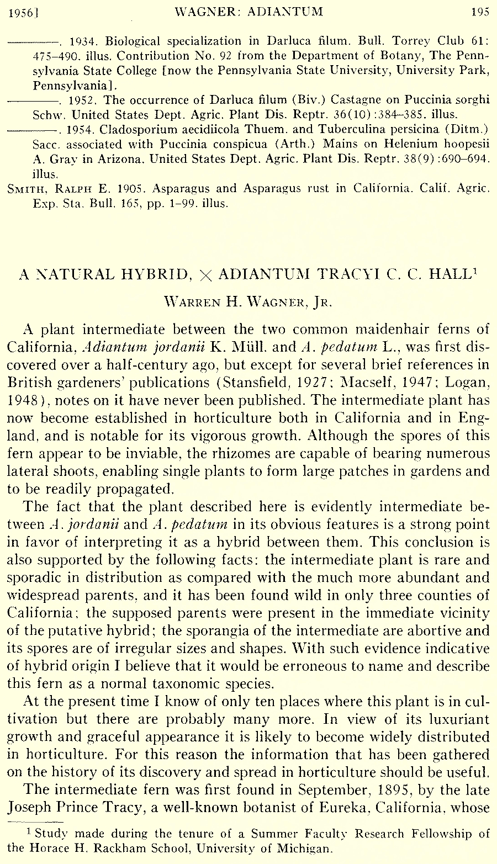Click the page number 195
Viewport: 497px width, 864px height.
(480, 12)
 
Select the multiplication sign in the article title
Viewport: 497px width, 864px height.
(205, 275)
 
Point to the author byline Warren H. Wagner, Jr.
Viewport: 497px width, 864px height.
(248, 301)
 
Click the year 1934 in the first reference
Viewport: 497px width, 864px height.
(85, 41)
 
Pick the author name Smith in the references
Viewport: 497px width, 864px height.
(24, 189)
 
